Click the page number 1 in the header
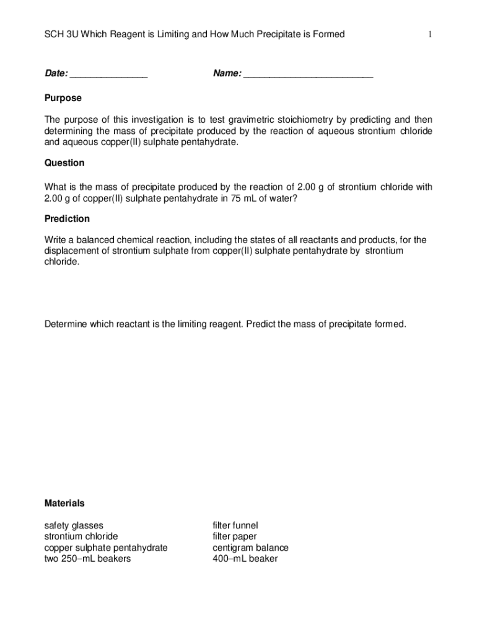(429, 35)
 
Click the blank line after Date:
(108, 75)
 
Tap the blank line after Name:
(308, 75)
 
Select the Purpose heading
(63, 98)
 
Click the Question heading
(64, 163)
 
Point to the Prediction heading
(67, 219)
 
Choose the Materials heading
(64, 503)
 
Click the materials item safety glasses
(74, 525)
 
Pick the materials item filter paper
(234, 536)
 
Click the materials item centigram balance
(250, 548)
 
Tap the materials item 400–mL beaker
(245, 559)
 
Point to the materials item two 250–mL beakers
(87, 559)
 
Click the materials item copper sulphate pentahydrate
(105, 548)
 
